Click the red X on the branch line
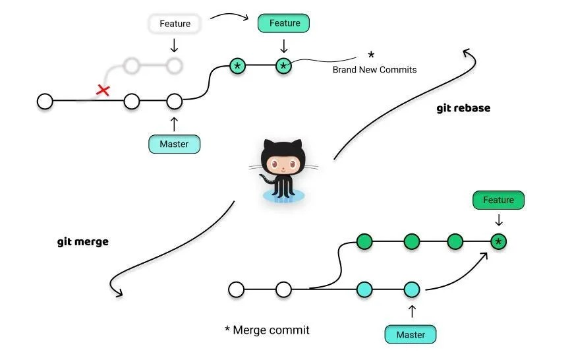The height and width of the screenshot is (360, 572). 103,90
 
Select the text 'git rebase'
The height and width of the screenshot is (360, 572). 463,108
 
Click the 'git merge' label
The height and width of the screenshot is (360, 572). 83,242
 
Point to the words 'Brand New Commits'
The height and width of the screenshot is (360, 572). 374,69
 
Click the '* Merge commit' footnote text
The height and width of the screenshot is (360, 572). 267,330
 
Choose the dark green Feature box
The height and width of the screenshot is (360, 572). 498,200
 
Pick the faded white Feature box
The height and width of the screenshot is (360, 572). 175,24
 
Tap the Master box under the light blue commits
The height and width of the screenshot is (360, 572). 410,335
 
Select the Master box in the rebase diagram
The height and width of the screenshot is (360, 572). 174,144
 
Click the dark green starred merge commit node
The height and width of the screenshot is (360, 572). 498,242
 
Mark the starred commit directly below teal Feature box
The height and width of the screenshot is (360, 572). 283,66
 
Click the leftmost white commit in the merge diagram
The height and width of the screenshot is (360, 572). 236,289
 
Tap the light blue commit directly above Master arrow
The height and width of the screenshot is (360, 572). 412,289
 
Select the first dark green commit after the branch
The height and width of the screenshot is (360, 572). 364,242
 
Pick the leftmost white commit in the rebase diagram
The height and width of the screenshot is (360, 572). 45,102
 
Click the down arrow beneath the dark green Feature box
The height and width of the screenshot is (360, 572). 498,220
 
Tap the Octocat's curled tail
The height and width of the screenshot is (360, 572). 267,181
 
